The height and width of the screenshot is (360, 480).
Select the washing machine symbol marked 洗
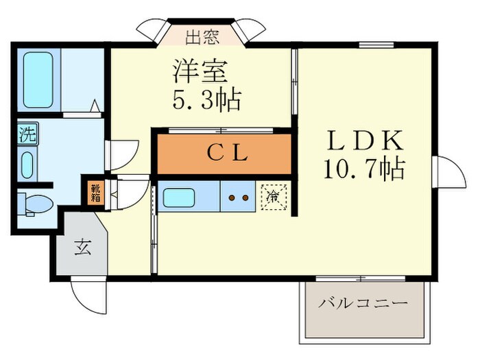(x=27, y=134)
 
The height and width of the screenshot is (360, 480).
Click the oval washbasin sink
(x=27, y=165)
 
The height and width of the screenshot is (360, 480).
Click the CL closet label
(x=226, y=154)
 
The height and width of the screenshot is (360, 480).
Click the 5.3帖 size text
(x=206, y=100)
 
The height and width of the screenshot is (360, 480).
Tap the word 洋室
(x=200, y=70)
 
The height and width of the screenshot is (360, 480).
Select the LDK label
(x=364, y=141)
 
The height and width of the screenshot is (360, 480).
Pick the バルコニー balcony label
(x=363, y=302)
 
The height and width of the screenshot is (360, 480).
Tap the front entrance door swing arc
(x=88, y=297)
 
